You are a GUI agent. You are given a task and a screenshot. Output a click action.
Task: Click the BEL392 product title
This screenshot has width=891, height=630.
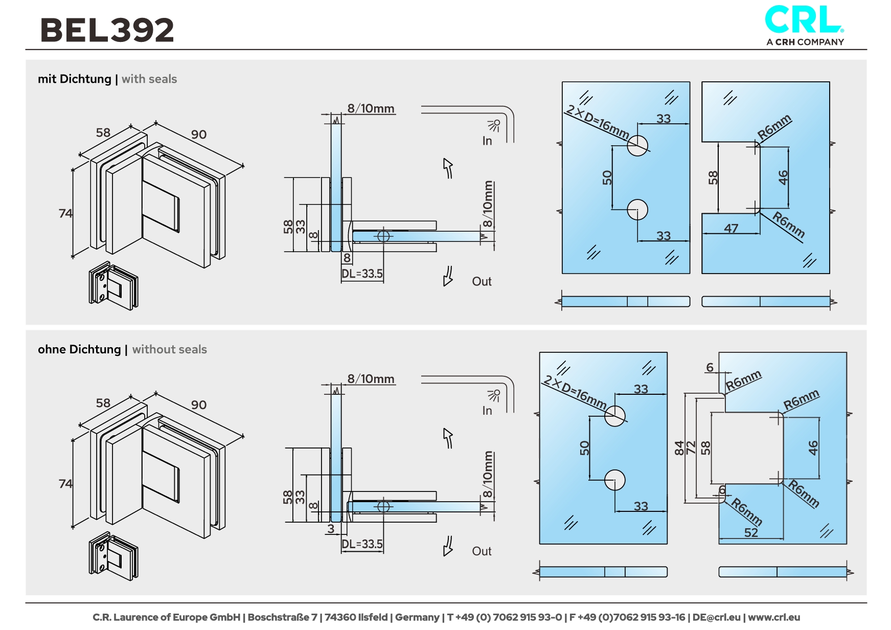coord(107,30)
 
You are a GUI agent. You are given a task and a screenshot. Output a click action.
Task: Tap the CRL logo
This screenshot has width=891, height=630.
coord(804,20)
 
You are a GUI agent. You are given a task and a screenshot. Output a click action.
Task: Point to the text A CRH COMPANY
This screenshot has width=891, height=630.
coord(805,42)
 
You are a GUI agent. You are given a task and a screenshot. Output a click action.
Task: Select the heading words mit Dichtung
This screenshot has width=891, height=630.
coord(75,79)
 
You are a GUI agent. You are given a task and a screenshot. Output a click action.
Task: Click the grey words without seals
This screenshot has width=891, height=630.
coord(170,349)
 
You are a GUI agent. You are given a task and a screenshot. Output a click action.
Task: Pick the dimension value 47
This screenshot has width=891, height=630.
coord(731,228)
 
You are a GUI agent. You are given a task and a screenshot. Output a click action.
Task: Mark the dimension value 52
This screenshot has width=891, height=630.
coord(751,532)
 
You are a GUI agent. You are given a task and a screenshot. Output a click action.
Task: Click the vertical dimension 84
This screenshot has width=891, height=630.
coord(679,448)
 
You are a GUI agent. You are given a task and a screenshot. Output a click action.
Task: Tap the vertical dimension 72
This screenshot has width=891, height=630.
coord(691,448)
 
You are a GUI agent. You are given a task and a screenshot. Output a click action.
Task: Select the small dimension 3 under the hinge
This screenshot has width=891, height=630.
coord(331,529)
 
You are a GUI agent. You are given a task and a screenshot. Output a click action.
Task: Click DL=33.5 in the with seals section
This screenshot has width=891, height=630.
coord(362,274)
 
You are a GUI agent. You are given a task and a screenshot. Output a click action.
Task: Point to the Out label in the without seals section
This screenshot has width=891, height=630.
coord(482,551)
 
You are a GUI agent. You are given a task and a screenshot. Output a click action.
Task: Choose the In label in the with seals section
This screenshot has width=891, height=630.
coord(487,141)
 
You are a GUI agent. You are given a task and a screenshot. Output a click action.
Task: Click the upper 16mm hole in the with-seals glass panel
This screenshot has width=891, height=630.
coord(637,146)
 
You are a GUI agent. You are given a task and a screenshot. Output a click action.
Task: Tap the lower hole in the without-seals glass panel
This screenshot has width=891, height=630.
coord(615,480)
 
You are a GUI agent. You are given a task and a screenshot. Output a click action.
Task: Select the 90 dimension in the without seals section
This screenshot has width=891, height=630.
coord(199,405)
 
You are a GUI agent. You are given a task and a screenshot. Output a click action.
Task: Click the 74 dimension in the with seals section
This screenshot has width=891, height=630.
coord(65,213)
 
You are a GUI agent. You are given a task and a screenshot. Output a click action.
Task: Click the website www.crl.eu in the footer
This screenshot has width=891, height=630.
coord(774,617)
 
